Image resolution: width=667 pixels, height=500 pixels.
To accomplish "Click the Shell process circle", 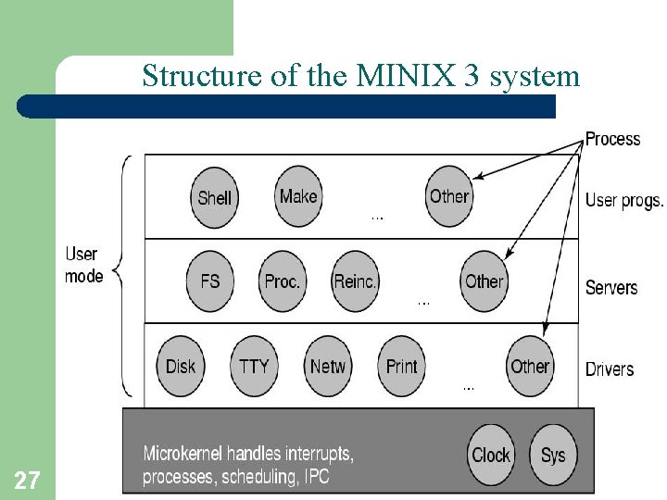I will [215, 197].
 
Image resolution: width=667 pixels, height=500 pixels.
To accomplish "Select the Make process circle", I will [298, 195].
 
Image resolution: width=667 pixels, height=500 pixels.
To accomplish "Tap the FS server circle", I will [210, 281].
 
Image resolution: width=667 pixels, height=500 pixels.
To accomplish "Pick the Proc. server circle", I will [283, 281].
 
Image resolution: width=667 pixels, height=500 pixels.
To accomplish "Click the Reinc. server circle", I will [356, 281].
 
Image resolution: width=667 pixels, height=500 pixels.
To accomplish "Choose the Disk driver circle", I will [181, 366].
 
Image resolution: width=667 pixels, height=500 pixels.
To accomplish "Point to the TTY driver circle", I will [254, 366].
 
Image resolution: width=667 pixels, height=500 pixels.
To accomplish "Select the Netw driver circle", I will [328, 366].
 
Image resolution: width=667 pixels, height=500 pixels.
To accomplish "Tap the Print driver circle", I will [402, 366].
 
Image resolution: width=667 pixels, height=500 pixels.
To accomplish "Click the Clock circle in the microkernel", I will [491, 455].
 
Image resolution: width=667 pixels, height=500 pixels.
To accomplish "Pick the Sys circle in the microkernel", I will [553, 455].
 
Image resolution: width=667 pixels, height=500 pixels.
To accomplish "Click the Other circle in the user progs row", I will [449, 195].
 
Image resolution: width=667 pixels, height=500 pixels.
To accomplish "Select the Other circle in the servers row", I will [485, 281].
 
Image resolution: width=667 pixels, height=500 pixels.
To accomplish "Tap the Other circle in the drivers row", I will [531, 366].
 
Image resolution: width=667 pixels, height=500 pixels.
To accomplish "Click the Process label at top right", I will [612, 139].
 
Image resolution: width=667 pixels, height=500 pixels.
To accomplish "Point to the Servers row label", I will [611, 287].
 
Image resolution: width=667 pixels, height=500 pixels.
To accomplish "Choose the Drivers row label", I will [610, 369].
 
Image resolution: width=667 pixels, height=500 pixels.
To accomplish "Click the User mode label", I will [83, 264].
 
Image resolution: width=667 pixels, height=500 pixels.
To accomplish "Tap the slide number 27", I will [27, 480].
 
